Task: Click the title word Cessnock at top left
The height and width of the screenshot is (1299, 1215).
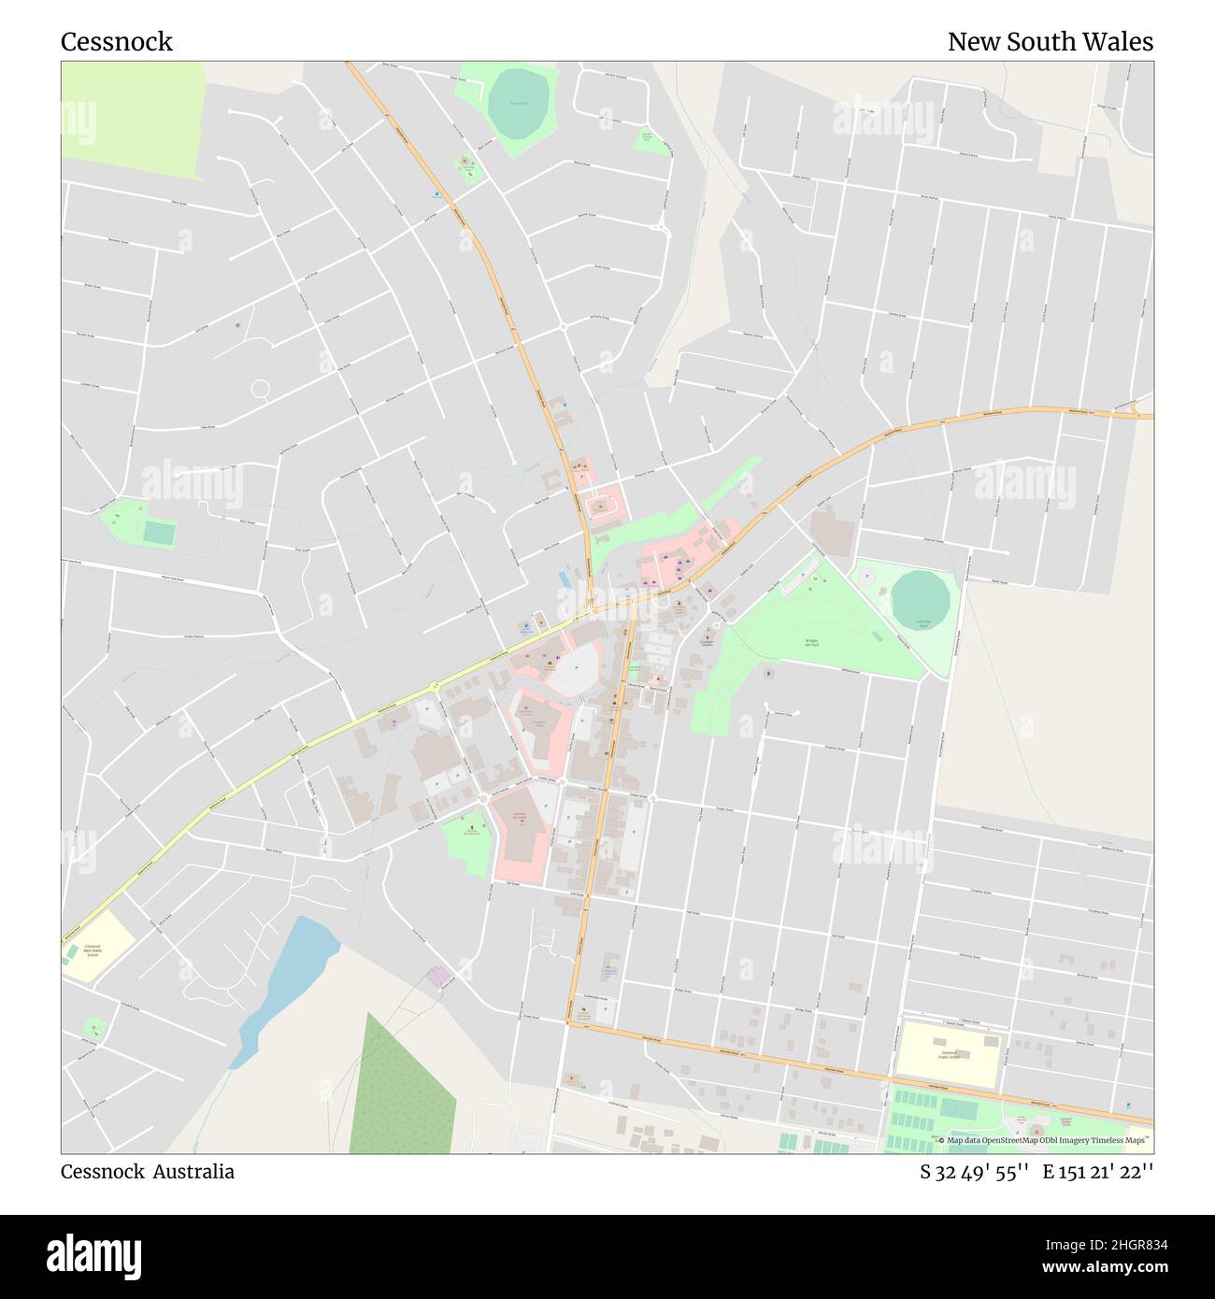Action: click(117, 42)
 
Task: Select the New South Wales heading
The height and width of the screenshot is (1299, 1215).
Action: click(1050, 42)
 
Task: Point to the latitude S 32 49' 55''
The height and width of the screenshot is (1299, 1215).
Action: click(975, 1172)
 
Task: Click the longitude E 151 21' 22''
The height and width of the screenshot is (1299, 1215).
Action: click(1098, 1172)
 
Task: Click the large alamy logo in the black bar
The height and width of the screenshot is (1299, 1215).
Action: click(94, 1255)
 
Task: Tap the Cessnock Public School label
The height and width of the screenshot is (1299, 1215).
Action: click(949, 1054)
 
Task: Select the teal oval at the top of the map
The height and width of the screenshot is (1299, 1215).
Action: click(520, 103)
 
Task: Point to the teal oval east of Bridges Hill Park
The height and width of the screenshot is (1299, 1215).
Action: click(922, 600)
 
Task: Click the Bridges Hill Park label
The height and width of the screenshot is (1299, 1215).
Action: click(811, 643)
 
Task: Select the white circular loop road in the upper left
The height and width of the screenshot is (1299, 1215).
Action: click(260, 388)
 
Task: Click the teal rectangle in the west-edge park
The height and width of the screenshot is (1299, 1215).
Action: click(159, 533)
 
